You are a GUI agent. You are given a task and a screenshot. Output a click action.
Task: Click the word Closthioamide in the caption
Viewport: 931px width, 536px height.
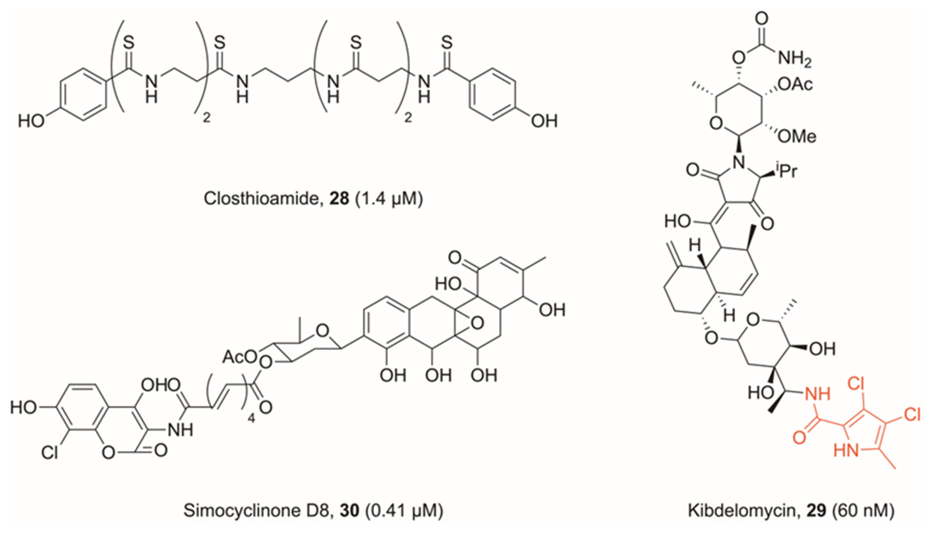coord(261,199)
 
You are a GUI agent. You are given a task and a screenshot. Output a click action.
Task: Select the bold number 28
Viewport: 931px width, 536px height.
coord(339,199)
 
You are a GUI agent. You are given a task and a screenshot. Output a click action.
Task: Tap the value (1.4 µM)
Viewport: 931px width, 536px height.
coord(389,199)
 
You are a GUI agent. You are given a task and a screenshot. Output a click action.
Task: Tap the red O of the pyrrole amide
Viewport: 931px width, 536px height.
coord(799,438)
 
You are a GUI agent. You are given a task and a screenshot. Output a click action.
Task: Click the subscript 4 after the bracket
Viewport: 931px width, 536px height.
coord(251,419)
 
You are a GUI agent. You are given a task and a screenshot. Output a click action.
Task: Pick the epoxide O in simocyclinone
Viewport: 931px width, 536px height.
coord(477,323)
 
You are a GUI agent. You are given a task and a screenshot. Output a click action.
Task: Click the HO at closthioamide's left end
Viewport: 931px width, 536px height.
coord(31,121)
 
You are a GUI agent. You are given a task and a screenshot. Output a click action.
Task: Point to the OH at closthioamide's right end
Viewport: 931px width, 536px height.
coord(544,121)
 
